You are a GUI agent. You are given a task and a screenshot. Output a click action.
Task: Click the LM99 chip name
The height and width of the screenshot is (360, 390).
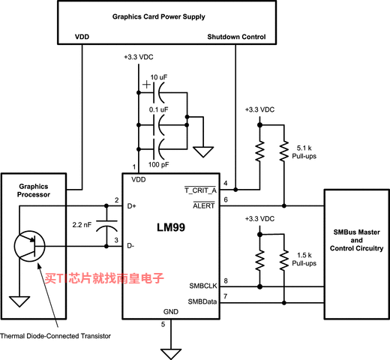[171, 227]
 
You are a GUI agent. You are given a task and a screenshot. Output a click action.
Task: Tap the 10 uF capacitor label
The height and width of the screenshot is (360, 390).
[159, 77]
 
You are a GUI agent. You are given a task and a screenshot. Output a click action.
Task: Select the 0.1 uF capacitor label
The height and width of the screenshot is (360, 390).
[158, 109]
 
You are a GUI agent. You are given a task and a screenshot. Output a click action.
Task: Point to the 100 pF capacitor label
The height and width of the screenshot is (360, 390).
[158, 164]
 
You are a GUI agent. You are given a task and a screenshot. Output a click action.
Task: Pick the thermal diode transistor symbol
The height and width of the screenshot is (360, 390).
[29, 246]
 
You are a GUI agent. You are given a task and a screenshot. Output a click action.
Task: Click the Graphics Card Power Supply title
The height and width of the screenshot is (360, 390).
[159, 16]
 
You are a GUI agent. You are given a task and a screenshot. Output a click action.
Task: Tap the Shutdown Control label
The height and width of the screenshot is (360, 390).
[236, 37]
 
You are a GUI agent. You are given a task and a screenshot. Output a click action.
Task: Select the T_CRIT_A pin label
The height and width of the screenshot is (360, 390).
[200, 190]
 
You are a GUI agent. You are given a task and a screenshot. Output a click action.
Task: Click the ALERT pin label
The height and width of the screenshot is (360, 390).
[204, 205]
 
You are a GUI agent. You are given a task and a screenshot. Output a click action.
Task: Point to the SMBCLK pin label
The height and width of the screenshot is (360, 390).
[203, 286]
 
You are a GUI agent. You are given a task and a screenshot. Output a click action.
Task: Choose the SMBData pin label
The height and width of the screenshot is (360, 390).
[202, 301]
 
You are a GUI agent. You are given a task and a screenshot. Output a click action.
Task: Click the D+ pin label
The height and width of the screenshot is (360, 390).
[131, 206]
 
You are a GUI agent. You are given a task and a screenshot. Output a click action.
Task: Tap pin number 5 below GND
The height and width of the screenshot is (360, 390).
[163, 325]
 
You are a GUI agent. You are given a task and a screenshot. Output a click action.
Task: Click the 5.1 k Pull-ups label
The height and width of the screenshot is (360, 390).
[304, 152]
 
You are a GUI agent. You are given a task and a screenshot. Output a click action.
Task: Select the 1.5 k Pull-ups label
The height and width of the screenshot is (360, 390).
[304, 259]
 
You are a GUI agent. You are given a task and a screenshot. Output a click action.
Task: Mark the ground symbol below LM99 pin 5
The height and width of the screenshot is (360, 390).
[171, 354]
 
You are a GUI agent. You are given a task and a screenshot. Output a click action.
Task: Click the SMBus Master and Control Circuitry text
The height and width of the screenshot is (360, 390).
[356, 240]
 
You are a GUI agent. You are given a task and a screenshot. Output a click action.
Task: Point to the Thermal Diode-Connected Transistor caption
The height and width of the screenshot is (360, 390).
[55, 336]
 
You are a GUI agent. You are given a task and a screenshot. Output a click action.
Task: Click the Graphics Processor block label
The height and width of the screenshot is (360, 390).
[34, 190]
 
